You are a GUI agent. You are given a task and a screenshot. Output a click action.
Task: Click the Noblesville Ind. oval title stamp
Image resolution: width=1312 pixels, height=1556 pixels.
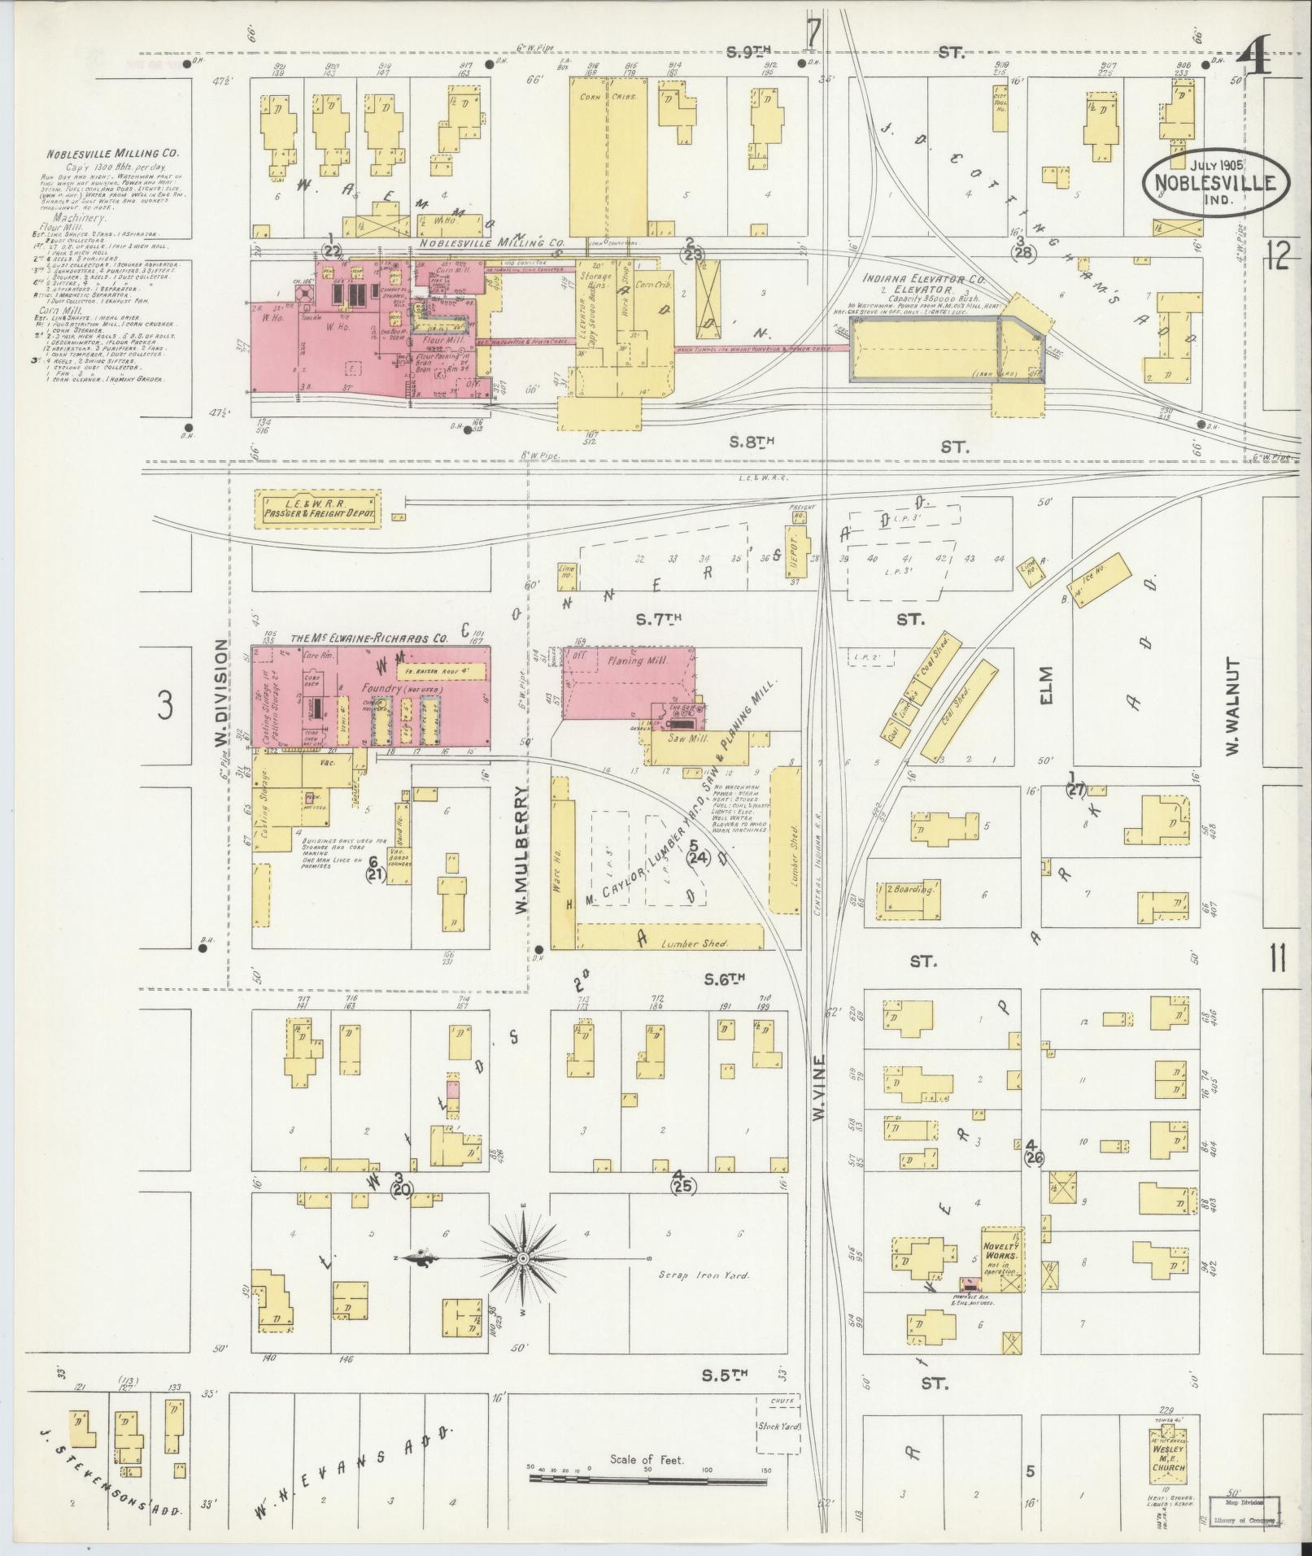[1216, 183]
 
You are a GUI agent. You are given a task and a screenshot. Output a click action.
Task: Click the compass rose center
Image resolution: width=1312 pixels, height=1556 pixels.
[523, 1281]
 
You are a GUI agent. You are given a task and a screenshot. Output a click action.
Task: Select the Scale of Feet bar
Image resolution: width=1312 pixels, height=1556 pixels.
[651, 1477]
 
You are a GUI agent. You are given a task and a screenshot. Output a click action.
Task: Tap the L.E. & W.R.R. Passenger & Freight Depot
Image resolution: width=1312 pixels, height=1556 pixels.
[318, 510]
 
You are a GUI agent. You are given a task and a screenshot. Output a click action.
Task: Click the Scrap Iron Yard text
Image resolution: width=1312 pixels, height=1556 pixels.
[704, 1297]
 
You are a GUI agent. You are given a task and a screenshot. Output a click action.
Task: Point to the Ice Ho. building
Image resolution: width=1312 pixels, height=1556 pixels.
[1104, 579]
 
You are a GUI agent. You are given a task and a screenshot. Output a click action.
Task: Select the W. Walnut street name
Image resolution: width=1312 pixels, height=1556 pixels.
[1233, 706]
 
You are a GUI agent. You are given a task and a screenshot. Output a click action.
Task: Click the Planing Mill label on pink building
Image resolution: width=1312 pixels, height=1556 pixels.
[638, 661]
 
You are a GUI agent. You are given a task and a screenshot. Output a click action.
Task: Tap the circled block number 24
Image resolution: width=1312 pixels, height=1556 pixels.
[697, 857]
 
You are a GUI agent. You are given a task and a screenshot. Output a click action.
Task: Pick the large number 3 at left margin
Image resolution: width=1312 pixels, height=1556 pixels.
[165, 705]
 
